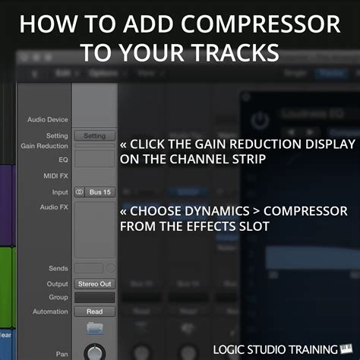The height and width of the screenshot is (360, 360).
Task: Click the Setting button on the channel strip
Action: pyautogui.click(x=94, y=136)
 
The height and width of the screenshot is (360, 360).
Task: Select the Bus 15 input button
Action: pyautogui.click(x=99, y=192)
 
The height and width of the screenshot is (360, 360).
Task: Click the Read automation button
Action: pyautogui.click(x=94, y=311)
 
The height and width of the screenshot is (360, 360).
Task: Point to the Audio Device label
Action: pyautogui.click(x=47, y=120)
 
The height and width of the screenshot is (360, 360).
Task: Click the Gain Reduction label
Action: pyautogui.click(x=44, y=146)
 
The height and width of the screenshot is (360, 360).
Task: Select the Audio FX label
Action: pyautogui.click(x=54, y=207)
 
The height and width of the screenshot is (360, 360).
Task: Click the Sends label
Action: pyautogui.click(x=58, y=269)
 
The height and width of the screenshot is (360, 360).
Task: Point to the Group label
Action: pyautogui.click(x=58, y=297)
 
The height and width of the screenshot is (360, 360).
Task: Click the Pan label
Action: pyautogui.click(x=62, y=354)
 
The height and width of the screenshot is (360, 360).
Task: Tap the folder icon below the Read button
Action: pyautogui.click(x=94, y=329)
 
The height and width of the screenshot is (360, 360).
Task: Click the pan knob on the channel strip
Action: pyautogui.click(x=94, y=352)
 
